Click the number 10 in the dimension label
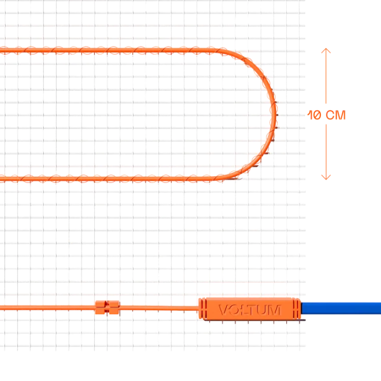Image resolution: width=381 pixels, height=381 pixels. tap(314, 115)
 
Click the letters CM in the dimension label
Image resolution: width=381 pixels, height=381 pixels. tap(336, 115)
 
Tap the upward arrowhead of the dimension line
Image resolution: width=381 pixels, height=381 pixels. tap(326, 51)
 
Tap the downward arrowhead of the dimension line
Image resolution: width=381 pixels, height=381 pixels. tap(326, 177)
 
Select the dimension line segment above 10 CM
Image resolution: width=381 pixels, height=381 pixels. tap(326, 76)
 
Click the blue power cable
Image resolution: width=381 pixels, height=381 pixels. tap(341, 308)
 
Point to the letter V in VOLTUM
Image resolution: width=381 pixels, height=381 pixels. tap(224, 310)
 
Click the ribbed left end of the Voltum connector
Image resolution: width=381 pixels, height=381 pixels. tap(203, 309)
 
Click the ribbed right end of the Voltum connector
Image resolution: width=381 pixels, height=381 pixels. tap(297, 309)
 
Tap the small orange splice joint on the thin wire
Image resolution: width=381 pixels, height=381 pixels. tap(107, 307)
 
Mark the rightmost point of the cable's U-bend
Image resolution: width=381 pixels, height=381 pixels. tap(276, 114)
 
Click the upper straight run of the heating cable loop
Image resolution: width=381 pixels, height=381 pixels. tap(109, 51)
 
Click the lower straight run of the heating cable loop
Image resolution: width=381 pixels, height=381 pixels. tap(109, 180)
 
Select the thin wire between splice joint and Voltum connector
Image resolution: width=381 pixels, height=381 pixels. tap(159, 308)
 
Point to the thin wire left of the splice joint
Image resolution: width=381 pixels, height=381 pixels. tap(48, 308)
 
